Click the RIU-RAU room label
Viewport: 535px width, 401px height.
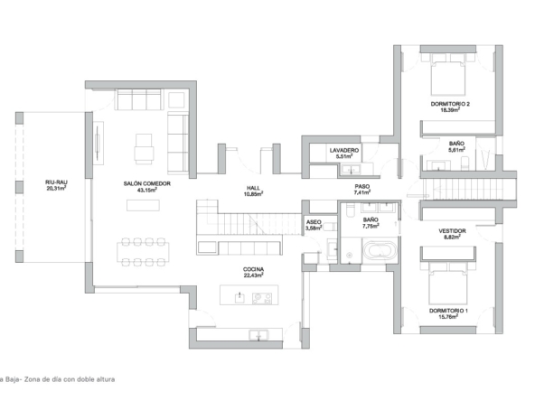click(x=56, y=182)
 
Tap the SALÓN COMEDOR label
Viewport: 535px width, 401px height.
click(x=146, y=184)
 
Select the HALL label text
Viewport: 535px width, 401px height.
click(x=253, y=188)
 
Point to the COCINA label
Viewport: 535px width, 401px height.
click(x=253, y=269)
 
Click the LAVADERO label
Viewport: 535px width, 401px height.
click(x=344, y=150)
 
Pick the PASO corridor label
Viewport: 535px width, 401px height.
click(x=362, y=187)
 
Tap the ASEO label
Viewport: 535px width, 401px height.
click(x=314, y=222)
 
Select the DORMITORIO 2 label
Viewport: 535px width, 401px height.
click(x=450, y=104)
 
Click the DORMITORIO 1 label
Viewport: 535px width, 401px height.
click(x=448, y=311)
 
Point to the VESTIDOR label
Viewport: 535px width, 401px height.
click(x=452, y=231)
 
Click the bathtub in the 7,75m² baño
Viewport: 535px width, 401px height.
click(x=380, y=251)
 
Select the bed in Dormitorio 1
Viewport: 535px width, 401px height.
click(x=448, y=285)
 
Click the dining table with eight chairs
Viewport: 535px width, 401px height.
click(x=143, y=252)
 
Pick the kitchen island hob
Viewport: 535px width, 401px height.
click(x=262, y=298)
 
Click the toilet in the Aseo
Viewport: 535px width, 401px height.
click(x=329, y=227)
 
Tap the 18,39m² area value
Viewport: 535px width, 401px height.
click(x=450, y=110)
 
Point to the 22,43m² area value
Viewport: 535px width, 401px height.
click(x=253, y=275)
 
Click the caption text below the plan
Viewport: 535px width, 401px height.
click(x=57, y=379)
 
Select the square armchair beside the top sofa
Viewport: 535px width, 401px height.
click(x=177, y=99)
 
